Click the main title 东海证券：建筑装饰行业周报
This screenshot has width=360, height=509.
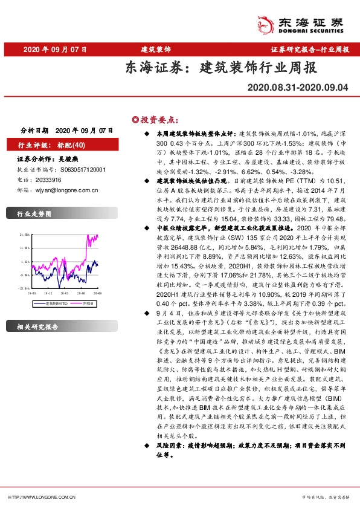point(221,68)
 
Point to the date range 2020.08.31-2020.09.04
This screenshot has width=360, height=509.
point(298,88)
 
